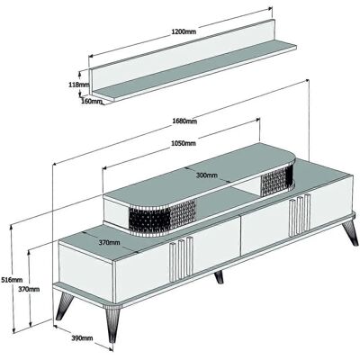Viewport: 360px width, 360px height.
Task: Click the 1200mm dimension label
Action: click(184, 31)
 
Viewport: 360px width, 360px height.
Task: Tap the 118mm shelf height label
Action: click(79, 85)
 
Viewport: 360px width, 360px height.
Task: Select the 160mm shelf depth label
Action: click(92, 101)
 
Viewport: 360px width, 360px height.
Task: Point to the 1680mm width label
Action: click(184, 121)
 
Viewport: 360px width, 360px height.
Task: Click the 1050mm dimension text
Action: click(184, 143)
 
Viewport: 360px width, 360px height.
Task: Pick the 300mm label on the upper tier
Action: click(206, 175)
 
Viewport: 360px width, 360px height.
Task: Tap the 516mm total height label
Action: click(12, 280)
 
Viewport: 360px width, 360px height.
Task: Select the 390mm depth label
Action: click(82, 338)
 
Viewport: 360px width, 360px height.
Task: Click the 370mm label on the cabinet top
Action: click(109, 242)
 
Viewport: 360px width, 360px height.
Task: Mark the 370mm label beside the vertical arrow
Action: click(29, 290)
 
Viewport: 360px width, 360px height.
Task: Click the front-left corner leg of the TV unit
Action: click(112, 325)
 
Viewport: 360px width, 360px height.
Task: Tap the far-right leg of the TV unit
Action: click(351, 233)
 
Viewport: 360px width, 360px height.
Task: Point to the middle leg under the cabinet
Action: click(219, 277)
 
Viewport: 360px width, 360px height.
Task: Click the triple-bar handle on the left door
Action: click(181, 259)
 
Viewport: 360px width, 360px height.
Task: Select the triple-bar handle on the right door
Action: click(300, 215)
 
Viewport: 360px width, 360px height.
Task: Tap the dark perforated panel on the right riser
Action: click(276, 180)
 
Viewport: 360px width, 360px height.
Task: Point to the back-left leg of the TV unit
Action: click(64, 304)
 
